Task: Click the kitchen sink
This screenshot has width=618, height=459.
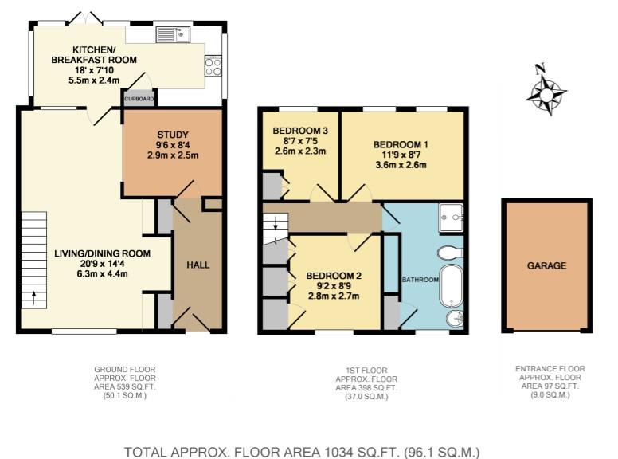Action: point(173,34)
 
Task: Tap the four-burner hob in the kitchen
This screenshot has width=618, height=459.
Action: point(213,65)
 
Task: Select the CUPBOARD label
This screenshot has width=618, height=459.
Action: point(139,99)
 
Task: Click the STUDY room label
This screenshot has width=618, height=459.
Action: point(173,135)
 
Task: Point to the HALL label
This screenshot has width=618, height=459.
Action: point(198,265)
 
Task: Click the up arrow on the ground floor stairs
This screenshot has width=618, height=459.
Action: point(34,298)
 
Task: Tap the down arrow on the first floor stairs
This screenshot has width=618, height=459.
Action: point(276,223)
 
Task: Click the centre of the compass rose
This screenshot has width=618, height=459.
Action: point(546,95)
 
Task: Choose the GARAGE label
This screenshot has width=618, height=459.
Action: point(546,266)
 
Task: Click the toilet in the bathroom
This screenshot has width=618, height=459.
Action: point(450,253)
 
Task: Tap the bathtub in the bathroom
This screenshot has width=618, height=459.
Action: point(451,286)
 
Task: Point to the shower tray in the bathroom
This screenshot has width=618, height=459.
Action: point(452,218)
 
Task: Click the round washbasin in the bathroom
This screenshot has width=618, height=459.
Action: point(456,319)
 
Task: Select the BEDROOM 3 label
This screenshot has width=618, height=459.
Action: point(300,131)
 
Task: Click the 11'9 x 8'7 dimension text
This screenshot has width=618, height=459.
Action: point(401,155)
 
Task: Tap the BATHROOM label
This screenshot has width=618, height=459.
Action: point(420,280)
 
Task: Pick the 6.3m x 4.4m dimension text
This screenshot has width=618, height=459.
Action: point(103,273)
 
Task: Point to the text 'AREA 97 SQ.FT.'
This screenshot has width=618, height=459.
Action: point(550,386)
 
